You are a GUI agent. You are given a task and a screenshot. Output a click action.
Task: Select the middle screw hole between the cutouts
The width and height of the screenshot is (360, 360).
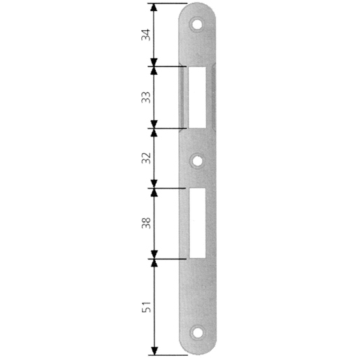[x=199, y=160]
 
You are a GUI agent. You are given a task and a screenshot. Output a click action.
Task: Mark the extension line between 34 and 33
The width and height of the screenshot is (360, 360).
[x=168, y=66]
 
